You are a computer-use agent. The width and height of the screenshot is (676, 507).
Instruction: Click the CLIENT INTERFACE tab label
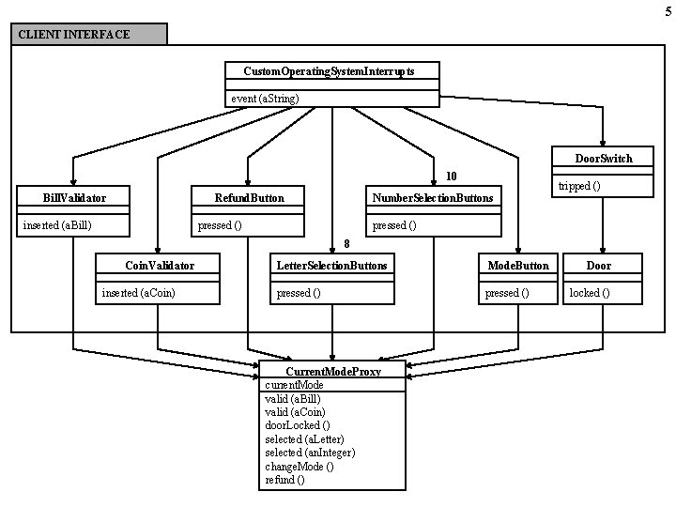[73, 35]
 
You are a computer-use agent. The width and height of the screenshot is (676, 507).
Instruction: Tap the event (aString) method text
[265, 99]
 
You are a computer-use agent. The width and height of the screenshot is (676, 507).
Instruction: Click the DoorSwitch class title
[604, 159]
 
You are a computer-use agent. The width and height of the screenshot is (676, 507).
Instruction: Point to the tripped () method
[579, 186]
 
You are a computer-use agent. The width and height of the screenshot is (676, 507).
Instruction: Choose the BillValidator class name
[74, 198]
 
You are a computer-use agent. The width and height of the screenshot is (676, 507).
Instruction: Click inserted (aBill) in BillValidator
[57, 225]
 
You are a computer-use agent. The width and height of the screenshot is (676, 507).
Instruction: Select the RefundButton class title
[249, 198]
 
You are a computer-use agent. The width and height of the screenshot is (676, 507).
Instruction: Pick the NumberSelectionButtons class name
[432, 198]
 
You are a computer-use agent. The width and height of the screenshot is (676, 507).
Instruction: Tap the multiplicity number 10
[451, 176]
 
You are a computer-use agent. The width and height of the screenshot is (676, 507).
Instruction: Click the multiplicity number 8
[346, 241]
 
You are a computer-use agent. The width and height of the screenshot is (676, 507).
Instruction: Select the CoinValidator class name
[159, 266]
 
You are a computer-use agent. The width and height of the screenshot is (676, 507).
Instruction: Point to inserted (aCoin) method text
[138, 293]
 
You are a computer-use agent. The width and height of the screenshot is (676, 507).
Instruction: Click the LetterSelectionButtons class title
[331, 266]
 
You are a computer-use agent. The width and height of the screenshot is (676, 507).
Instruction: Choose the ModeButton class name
[518, 266]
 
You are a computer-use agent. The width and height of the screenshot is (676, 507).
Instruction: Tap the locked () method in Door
[590, 293]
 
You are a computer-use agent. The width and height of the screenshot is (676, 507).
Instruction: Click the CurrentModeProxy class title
[332, 372]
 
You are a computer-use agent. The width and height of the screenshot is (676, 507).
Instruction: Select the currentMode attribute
[294, 385]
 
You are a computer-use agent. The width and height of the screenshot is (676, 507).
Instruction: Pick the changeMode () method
[299, 466]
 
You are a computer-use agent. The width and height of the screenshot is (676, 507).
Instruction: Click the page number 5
[668, 10]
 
